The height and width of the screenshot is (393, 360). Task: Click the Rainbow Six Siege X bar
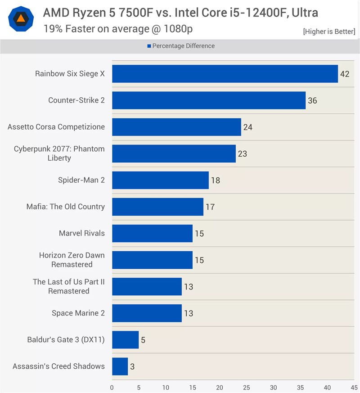tap(225, 74)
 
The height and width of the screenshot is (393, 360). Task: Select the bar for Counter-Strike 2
tap(209, 100)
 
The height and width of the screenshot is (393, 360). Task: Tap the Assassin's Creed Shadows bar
tap(120, 366)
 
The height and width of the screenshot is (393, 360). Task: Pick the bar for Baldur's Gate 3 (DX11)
tap(125, 340)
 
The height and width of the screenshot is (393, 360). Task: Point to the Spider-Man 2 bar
tap(160, 180)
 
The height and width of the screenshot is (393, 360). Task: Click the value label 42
tap(345, 74)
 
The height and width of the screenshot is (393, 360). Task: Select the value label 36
tap(312, 100)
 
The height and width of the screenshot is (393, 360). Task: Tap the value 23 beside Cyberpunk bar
tap(243, 154)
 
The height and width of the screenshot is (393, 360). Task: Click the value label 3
tap(132, 366)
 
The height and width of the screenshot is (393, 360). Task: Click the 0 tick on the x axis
tap(112, 387)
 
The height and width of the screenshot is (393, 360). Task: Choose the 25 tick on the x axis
tap(247, 387)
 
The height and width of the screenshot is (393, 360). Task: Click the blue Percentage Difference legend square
tap(149, 46)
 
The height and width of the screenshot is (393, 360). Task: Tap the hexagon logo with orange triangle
tap(21, 19)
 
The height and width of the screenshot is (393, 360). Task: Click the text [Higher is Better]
tap(329, 32)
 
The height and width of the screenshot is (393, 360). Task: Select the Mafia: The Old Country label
tap(65, 207)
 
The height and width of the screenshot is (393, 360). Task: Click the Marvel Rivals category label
tap(81, 233)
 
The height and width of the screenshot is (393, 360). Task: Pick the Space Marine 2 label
tap(78, 313)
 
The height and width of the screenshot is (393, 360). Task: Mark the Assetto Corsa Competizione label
tap(56, 127)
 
